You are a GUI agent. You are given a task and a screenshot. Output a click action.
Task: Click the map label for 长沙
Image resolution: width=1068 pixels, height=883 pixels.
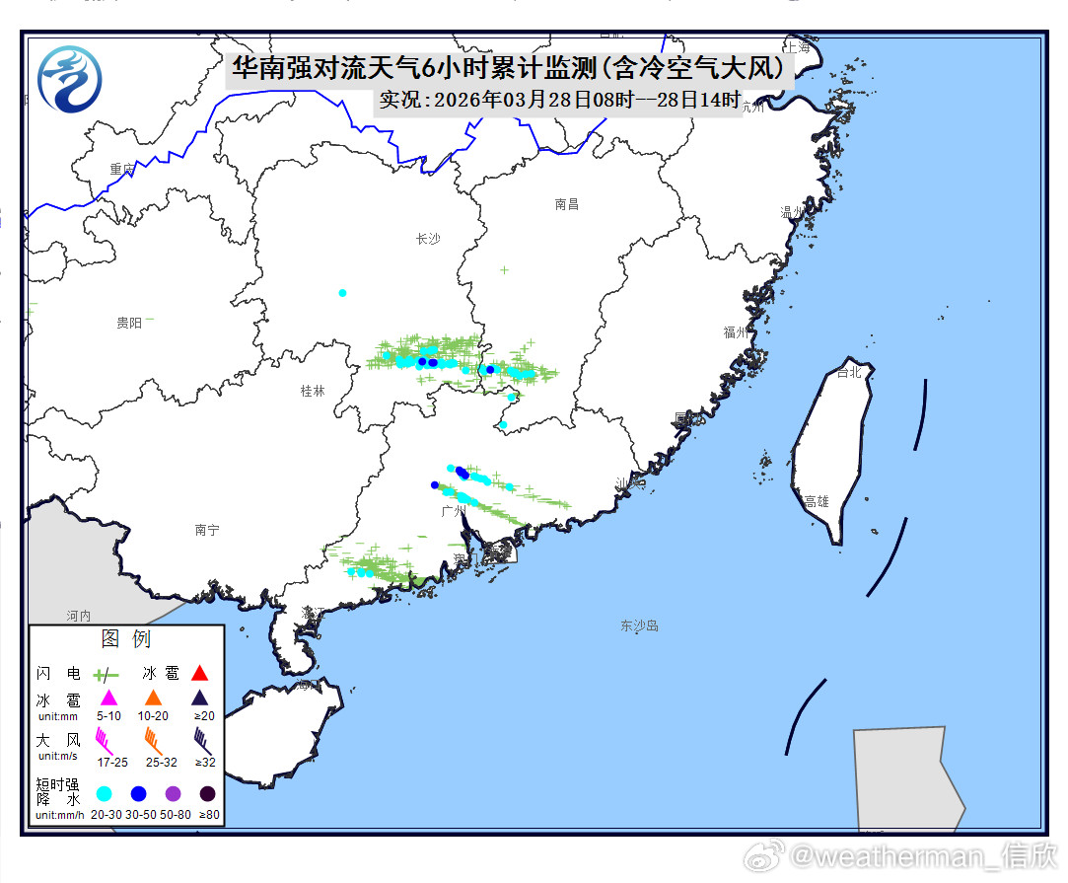point(428,239)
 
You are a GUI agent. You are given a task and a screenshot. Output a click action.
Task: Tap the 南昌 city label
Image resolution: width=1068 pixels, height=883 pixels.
point(567,204)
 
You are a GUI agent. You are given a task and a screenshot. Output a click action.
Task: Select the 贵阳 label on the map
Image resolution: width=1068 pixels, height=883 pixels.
point(129,323)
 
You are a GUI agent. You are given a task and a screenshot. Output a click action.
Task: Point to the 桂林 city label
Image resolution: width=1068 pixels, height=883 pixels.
point(313,391)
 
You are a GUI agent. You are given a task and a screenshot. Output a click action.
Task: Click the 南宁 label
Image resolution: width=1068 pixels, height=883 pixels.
point(207,530)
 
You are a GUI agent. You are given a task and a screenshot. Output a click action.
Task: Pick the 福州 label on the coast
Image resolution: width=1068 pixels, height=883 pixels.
point(736,332)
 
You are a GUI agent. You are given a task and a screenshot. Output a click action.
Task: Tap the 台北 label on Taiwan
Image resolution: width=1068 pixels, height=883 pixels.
point(848,373)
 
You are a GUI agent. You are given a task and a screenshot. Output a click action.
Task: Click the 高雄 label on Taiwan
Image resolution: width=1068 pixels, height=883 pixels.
point(817,501)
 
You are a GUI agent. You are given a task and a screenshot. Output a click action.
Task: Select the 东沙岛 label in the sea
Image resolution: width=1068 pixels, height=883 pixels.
point(639,625)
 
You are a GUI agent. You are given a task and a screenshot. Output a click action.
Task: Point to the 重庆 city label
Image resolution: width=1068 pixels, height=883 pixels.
point(122,170)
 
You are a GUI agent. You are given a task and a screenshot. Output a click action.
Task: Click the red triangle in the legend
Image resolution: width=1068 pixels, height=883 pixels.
point(200,674)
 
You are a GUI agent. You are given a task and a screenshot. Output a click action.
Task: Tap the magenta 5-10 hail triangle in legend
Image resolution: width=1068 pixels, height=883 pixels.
point(109,698)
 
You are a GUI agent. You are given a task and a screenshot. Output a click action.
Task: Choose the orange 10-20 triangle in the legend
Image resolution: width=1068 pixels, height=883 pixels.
point(153,698)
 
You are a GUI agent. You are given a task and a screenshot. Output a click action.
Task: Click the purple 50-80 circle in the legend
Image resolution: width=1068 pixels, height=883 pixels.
point(174,793)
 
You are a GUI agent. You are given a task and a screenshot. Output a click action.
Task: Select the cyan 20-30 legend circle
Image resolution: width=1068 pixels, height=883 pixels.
point(104,793)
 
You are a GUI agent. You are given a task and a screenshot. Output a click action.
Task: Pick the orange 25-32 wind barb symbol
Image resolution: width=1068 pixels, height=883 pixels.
point(154,738)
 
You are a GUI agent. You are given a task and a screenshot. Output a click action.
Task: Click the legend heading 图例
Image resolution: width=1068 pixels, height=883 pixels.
point(126,639)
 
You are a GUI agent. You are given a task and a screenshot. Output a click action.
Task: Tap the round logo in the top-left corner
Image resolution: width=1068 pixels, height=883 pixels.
point(69,79)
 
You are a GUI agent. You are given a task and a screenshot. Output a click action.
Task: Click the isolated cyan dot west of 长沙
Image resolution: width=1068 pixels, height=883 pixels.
point(342,293)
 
